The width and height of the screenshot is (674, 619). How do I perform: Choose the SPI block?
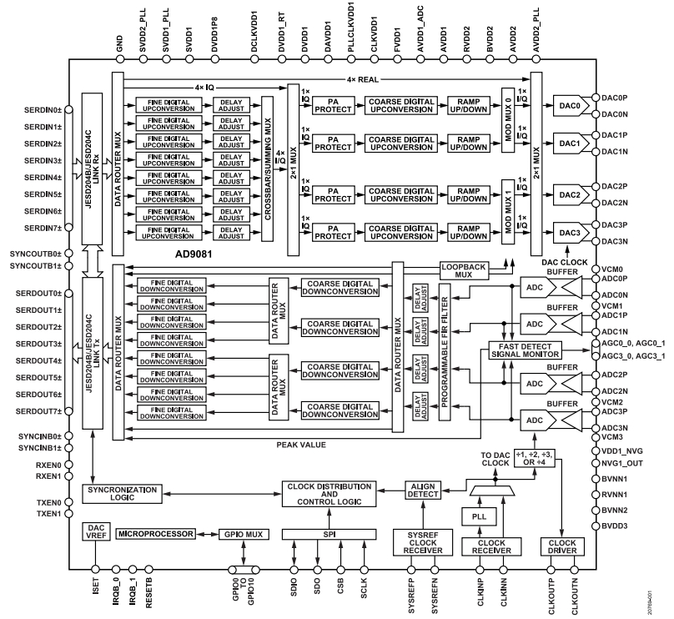[329, 533]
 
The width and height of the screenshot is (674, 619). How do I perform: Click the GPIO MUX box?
[242, 533]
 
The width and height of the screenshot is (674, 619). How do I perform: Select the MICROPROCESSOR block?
[157, 533]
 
